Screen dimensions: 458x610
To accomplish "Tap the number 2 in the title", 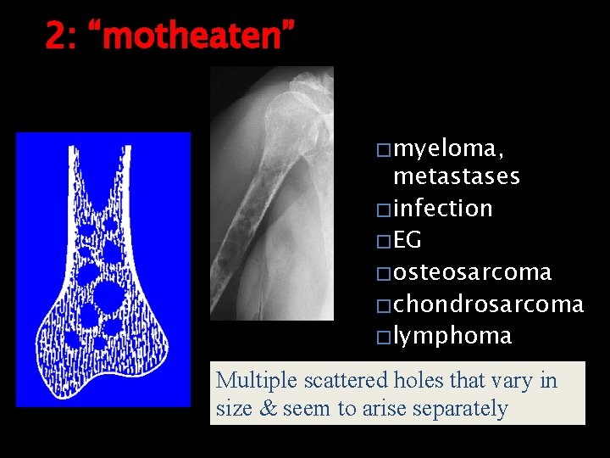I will (55, 36).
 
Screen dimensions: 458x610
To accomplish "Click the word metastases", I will (457, 176).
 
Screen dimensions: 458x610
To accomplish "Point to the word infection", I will (443, 208).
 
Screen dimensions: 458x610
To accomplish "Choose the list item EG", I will (408, 240).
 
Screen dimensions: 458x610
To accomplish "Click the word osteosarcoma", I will (473, 272).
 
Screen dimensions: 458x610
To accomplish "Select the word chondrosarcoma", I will (489, 304).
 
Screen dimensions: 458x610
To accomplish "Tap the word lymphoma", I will (452, 336).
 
